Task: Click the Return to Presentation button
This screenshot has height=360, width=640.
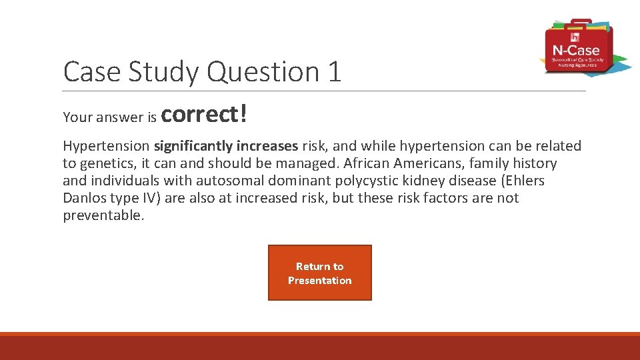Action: pos(319,273)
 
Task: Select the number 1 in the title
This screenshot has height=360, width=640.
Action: pos(334,71)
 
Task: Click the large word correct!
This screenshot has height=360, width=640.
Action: pos(205,114)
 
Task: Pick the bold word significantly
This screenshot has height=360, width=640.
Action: pos(193,146)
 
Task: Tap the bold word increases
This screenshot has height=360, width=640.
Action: pos(267,146)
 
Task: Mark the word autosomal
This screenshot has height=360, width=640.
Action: pos(226,181)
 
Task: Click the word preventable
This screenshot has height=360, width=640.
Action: pos(103,215)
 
